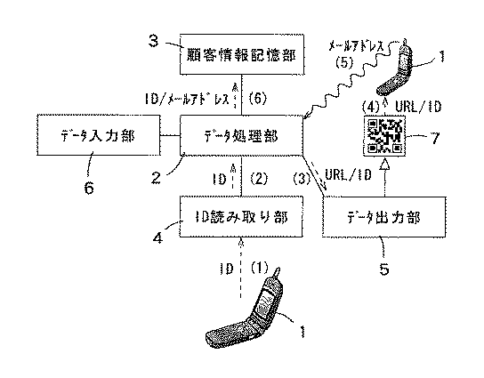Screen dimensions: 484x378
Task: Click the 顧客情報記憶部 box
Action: (x=242, y=54)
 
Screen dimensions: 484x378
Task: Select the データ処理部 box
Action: (x=241, y=135)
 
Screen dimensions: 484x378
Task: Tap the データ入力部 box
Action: (x=99, y=135)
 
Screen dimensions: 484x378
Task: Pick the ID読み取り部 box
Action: (x=241, y=217)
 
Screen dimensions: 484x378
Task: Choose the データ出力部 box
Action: (x=384, y=217)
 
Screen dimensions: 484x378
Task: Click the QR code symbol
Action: (x=384, y=136)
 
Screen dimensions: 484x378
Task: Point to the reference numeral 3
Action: (x=153, y=40)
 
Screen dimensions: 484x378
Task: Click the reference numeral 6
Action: (x=89, y=187)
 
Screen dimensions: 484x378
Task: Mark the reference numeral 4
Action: (x=157, y=237)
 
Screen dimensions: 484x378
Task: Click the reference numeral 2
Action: (x=157, y=177)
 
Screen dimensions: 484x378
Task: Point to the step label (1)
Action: (x=259, y=268)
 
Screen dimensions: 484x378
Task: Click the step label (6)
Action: (x=257, y=99)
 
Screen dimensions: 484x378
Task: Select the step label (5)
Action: (x=344, y=62)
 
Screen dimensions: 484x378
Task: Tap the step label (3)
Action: (x=302, y=179)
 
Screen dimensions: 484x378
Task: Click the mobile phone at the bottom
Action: (x=245, y=309)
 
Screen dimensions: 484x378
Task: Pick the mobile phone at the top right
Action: (x=395, y=68)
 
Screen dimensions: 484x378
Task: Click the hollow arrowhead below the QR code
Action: (x=384, y=164)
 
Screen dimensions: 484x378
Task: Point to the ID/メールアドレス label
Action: (x=187, y=99)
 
